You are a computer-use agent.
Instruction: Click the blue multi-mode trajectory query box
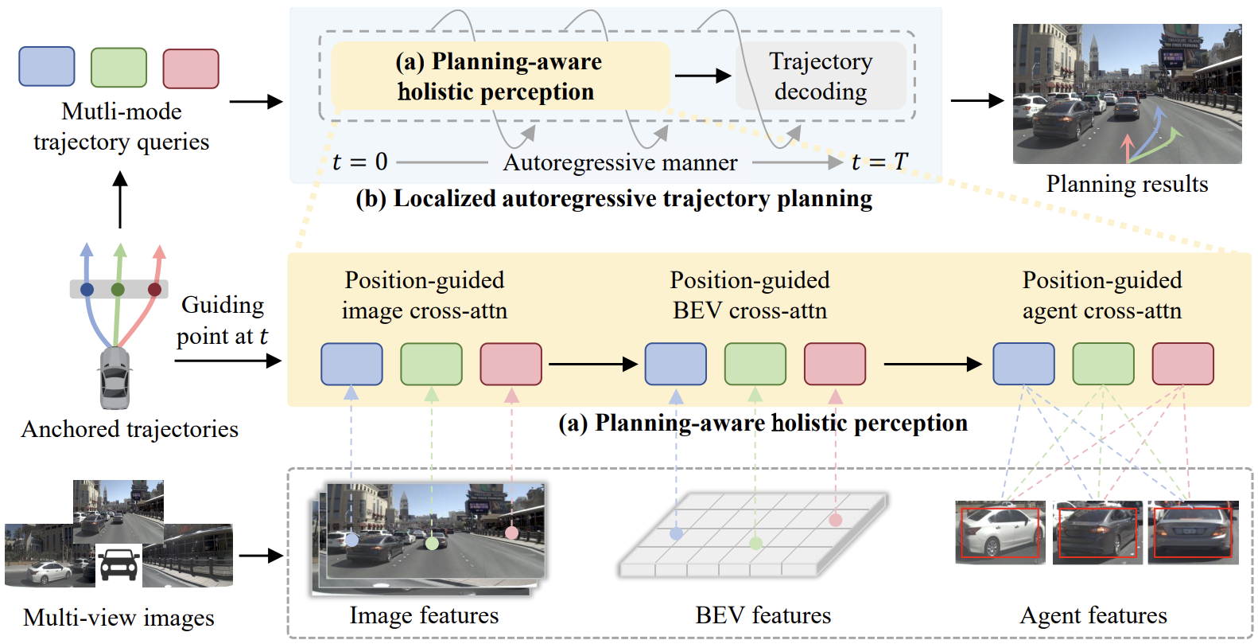(47, 66)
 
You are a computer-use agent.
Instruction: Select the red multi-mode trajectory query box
(191, 68)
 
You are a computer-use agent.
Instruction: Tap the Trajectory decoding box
(821, 76)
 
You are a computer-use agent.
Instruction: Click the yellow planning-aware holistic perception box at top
(500, 76)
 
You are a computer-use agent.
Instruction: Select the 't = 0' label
(359, 162)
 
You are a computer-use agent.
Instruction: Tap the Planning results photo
(1127, 94)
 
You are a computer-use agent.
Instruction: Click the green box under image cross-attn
(431, 364)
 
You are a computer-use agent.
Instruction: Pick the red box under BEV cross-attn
(835, 364)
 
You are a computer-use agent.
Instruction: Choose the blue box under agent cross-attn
(1023, 364)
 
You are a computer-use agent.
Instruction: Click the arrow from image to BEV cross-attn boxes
(592, 365)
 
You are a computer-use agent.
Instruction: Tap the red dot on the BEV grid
(836, 520)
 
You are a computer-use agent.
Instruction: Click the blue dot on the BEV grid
(676, 533)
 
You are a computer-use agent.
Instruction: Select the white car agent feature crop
(1000, 533)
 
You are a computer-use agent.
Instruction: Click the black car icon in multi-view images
(118, 565)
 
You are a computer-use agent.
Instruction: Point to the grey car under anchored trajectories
(115, 379)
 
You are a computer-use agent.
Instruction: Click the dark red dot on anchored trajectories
(154, 290)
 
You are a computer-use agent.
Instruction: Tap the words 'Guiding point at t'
(222, 320)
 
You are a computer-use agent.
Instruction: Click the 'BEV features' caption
(763, 615)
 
